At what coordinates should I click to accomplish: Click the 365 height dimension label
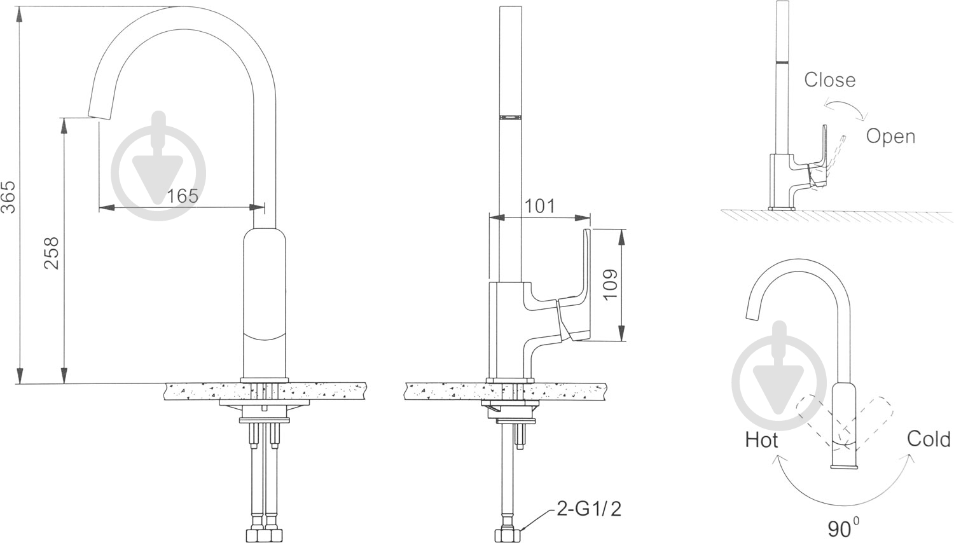(x=8, y=196)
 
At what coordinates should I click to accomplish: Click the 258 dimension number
(x=52, y=253)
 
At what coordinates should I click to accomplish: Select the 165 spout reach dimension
(x=183, y=196)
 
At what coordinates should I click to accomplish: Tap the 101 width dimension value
(x=539, y=206)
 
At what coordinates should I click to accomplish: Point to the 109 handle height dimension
(x=611, y=284)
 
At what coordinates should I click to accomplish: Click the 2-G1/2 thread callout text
(x=589, y=509)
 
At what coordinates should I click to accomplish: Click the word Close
(x=830, y=79)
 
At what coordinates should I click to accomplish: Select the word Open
(x=891, y=137)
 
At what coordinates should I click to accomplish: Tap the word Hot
(x=761, y=440)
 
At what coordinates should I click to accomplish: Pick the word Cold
(x=929, y=439)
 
